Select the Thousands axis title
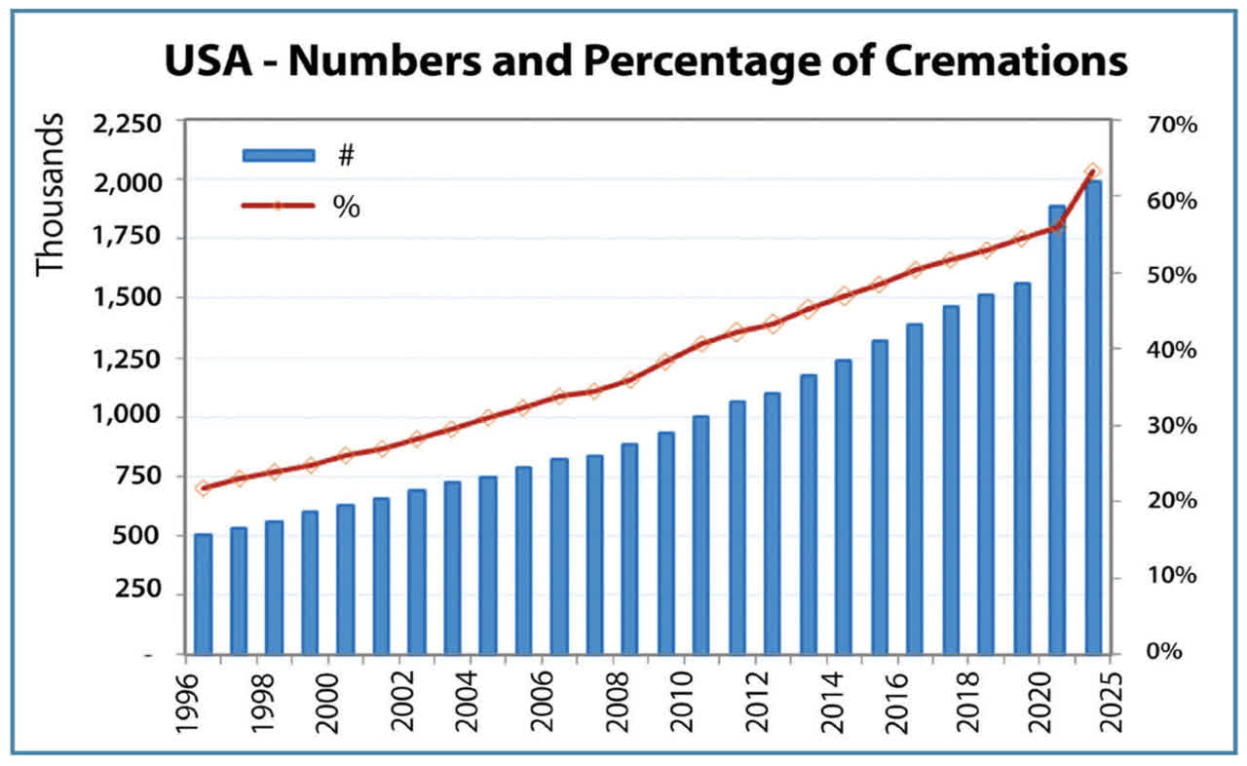pyautogui.click(x=50, y=195)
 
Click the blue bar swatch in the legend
pyautogui.click(x=279, y=155)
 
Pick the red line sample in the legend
pyautogui.click(x=279, y=206)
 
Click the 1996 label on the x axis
pyautogui.click(x=184, y=703)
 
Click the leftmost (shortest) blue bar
pyautogui.click(x=203, y=594)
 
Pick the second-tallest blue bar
pyautogui.click(x=1057, y=429)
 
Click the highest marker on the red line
pyautogui.click(x=1093, y=172)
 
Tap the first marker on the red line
pyautogui.click(x=203, y=487)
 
